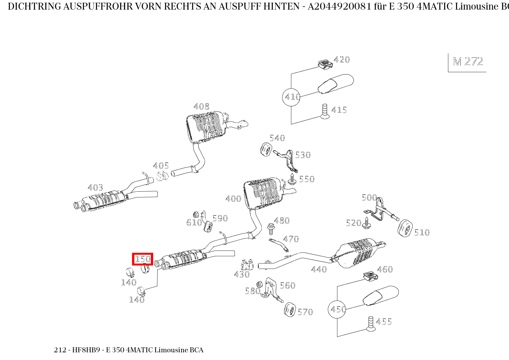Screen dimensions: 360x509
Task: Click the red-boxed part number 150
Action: point(143,259)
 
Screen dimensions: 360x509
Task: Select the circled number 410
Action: point(291,97)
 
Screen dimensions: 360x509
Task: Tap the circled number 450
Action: point(337,309)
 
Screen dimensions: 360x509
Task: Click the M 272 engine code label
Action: point(468,62)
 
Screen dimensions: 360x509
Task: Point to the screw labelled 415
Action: point(324,111)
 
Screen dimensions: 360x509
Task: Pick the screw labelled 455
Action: point(370,324)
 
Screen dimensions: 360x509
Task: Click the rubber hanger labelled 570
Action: point(290,310)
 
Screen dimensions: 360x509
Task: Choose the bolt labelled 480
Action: point(271,228)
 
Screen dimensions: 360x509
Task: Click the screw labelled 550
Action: point(292,179)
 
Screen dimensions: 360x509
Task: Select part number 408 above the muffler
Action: point(202,106)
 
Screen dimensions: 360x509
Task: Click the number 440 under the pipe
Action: point(319,269)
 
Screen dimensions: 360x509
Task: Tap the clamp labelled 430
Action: point(247,265)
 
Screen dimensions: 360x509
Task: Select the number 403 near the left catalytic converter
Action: point(95,187)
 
